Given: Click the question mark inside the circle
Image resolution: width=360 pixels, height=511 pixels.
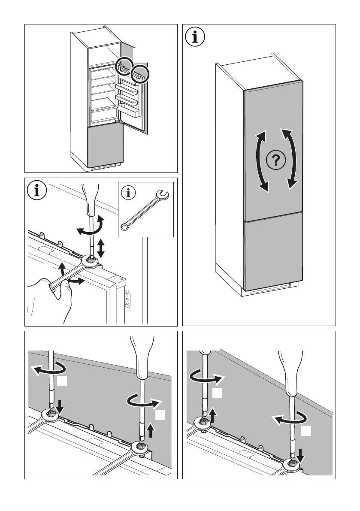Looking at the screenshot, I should click(x=275, y=160).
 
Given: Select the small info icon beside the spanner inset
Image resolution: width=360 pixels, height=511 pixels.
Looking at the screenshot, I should click(x=127, y=194).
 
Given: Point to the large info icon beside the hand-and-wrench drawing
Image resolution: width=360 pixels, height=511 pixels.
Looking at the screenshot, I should click(x=37, y=190).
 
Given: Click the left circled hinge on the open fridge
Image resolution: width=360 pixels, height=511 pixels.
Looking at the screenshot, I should click(x=124, y=66).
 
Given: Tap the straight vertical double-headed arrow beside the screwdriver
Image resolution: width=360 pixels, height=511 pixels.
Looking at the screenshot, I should click(x=102, y=248).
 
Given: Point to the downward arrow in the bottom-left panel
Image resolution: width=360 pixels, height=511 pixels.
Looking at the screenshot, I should click(x=60, y=405).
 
